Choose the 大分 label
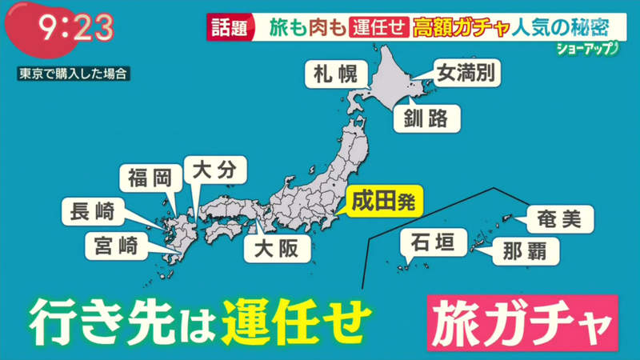click(214, 170)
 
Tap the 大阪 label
click(276, 249)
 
